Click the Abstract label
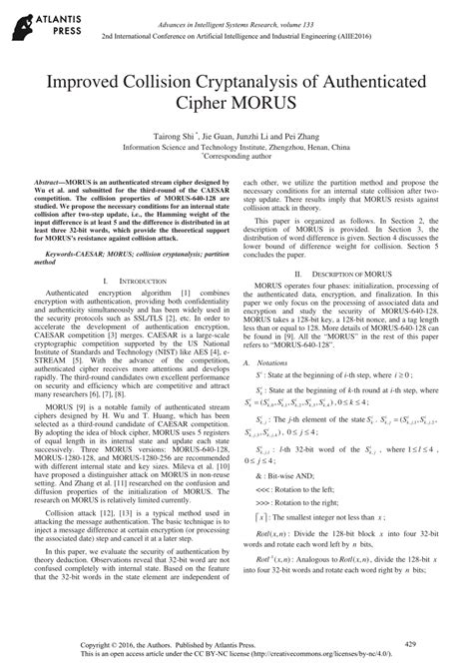point(55,183)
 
